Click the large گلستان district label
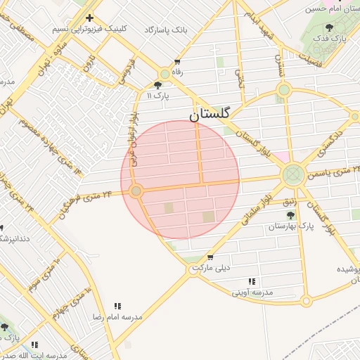(215, 113)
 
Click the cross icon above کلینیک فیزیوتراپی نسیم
(89, 18)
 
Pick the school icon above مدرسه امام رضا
(118, 306)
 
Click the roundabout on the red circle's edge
(136, 191)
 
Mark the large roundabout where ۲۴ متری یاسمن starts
(292, 174)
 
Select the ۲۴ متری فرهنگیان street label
(86, 198)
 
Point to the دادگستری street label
(328, 141)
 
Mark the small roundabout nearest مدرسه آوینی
(305, 301)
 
